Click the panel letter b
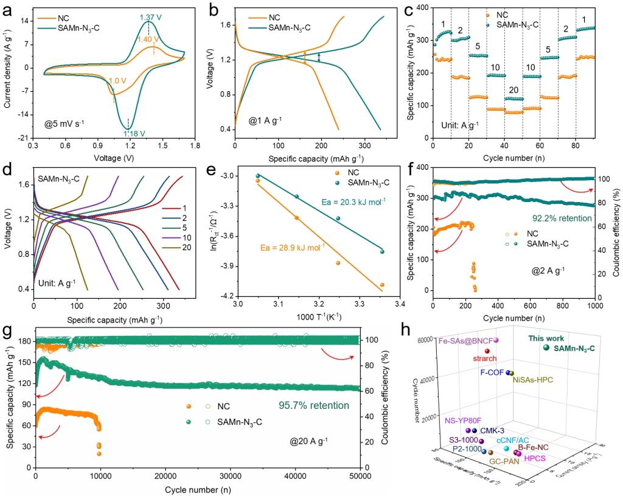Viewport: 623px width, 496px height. coord(213,8)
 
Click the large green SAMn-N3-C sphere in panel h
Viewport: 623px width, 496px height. coord(546,348)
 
